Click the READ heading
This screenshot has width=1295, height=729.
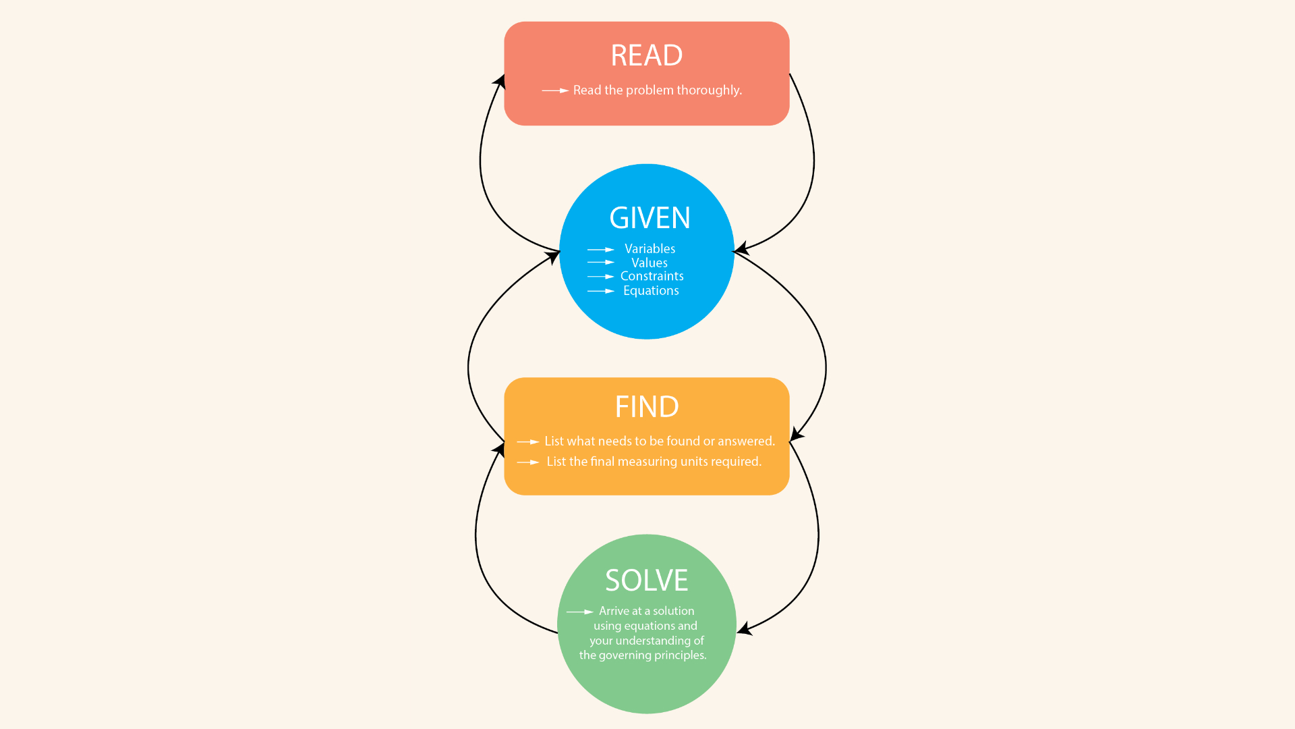646,55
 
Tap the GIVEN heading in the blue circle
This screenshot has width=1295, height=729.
650,218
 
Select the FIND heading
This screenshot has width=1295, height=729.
647,407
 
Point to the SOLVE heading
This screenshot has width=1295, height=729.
646,580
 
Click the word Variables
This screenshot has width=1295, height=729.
650,249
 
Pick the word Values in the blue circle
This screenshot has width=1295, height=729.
650,263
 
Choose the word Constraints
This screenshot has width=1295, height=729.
652,276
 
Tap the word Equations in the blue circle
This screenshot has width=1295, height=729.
651,291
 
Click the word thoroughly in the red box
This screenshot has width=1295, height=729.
709,90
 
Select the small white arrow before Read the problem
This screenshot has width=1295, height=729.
555,90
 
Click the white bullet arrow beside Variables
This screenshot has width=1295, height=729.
600,250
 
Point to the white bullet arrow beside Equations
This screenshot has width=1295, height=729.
600,291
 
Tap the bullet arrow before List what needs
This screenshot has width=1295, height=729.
528,442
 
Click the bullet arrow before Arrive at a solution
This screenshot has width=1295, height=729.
579,612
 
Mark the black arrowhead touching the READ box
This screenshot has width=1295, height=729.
500,81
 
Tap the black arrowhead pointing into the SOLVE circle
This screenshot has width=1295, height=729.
744,629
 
